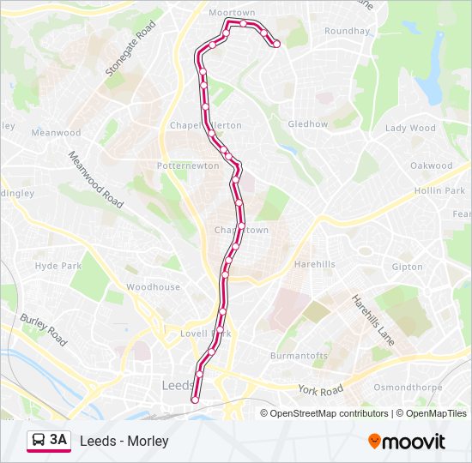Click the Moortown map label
[x=233, y=13]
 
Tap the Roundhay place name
[x=347, y=32]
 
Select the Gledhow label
[x=308, y=124]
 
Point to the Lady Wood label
[x=410, y=129]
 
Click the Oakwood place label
[x=431, y=165]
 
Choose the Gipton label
[x=407, y=268]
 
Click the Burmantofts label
[x=299, y=355]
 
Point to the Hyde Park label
[x=58, y=267]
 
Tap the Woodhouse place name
[x=153, y=287]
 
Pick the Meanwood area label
[x=56, y=133]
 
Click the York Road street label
[x=321, y=390]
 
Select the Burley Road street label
[x=44, y=329]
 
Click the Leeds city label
[x=178, y=386]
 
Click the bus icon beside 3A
[x=39, y=441]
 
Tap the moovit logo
[x=407, y=442]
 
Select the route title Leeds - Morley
[x=124, y=442]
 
